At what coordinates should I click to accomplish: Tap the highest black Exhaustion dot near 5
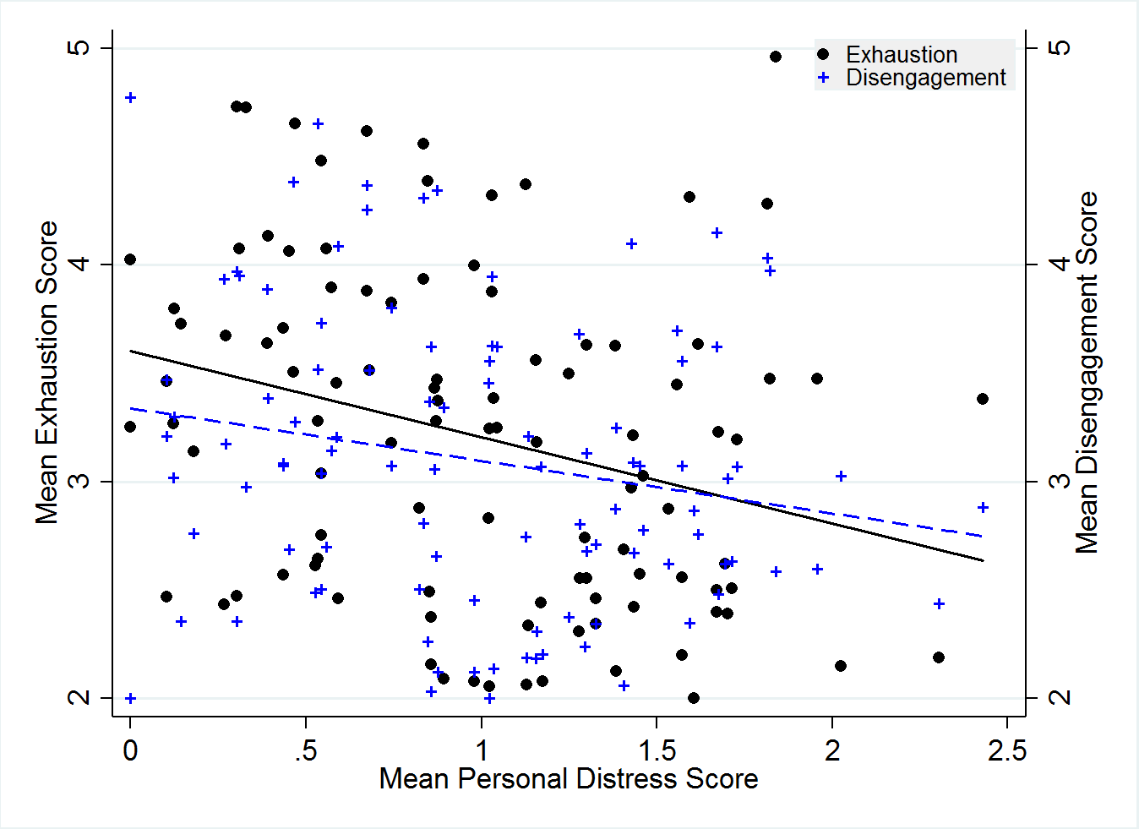(x=776, y=57)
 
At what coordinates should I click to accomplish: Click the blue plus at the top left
(x=130, y=98)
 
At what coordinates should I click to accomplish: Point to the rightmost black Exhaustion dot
(x=983, y=399)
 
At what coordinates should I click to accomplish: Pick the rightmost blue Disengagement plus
(x=983, y=508)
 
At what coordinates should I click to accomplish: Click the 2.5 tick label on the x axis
(x=1006, y=750)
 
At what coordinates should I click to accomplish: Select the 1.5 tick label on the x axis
(x=657, y=750)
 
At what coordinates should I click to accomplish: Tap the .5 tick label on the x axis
(x=306, y=750)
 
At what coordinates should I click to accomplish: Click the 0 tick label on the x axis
(x=130, y=750)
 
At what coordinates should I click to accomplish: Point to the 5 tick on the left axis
(x=79, y=47)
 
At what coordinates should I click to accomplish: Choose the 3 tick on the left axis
(x=79, y=482)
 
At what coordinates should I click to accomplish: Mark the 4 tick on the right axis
(x=1059, y=265)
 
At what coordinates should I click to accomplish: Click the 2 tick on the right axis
(x=1059, y=698)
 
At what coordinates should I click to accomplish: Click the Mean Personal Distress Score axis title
(x=569, y=779)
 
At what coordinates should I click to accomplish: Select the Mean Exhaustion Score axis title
(x=47, y=373)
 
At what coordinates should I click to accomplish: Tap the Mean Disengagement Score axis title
(x=1087, y=373)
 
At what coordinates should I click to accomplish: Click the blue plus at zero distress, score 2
(x=130, y=699)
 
